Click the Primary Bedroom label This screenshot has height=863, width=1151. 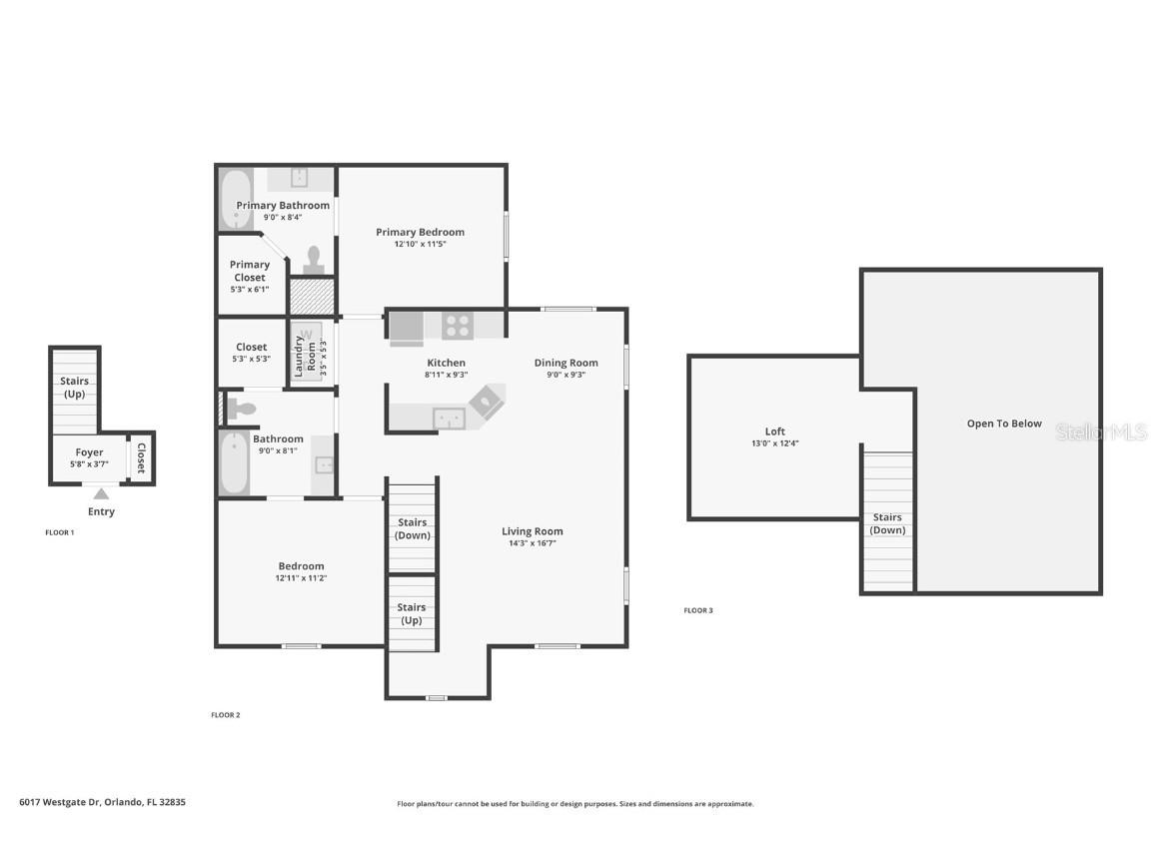[420, 232]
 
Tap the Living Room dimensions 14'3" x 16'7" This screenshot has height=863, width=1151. [532, 543]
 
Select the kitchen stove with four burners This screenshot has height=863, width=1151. [458, 326]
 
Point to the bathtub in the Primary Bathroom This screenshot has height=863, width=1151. [236, 199]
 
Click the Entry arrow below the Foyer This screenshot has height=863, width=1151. [100, 493]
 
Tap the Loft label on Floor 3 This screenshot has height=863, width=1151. [774, 431]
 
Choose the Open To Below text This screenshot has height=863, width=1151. [1003, 424]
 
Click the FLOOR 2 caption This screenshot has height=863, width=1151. [225, 715]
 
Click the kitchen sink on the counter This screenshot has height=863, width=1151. [449, 419]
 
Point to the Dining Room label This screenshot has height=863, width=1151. [566, 363]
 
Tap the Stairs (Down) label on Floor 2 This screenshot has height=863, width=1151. [412, 528]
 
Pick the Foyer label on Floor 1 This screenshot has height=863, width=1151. [89, 452]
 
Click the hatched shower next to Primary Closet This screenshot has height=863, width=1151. [311, 297]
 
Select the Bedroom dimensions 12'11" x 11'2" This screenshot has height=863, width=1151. [301, 578]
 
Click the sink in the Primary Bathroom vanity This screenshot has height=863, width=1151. [299, 178]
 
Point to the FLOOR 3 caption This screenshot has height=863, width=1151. [697, 610]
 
